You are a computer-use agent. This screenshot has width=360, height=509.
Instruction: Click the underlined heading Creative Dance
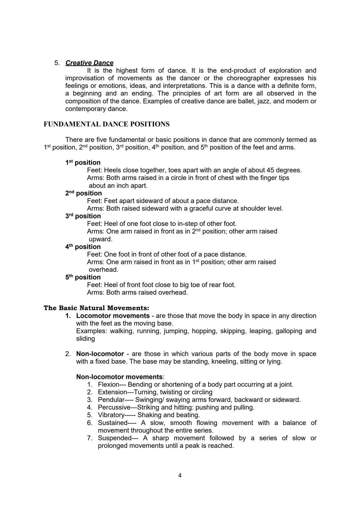89,63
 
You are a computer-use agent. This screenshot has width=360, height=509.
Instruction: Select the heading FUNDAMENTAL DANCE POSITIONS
106,124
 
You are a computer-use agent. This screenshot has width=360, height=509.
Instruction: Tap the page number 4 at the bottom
180,475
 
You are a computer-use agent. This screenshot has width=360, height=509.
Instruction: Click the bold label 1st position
83,163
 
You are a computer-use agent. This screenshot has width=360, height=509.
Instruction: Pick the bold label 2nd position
83,193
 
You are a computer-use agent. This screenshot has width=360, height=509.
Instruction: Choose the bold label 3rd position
83,216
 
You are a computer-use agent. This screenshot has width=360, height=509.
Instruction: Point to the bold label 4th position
83,247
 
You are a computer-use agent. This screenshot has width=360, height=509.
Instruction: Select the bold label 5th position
83,277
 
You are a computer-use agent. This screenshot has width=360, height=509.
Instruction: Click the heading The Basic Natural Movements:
96,308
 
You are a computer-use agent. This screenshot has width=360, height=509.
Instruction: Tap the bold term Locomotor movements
113,316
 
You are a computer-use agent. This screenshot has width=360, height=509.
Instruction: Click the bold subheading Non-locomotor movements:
120,377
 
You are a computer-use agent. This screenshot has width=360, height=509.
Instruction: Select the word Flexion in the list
108,385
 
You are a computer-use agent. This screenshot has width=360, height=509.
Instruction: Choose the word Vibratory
111,415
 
